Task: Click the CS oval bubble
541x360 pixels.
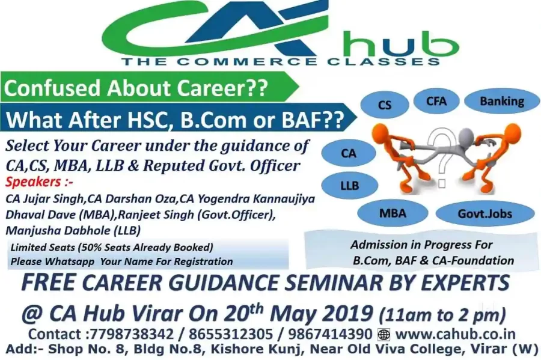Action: [385, 105]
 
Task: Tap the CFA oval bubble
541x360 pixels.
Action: [436, 101]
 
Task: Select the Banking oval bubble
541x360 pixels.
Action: [502, 102]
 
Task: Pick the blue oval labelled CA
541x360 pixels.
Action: [349, 153]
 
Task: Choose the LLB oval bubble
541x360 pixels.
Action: [349, 186]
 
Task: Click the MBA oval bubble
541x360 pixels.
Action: [393, 213]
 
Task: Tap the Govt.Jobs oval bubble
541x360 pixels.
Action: [485, 214]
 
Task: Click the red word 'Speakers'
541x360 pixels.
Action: [34, 182]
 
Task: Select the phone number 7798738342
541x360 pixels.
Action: [132, 334]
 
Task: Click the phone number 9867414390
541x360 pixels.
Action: [330, 334]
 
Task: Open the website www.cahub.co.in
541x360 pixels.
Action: [456, 334]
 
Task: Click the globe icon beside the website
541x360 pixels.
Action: [384, 335]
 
